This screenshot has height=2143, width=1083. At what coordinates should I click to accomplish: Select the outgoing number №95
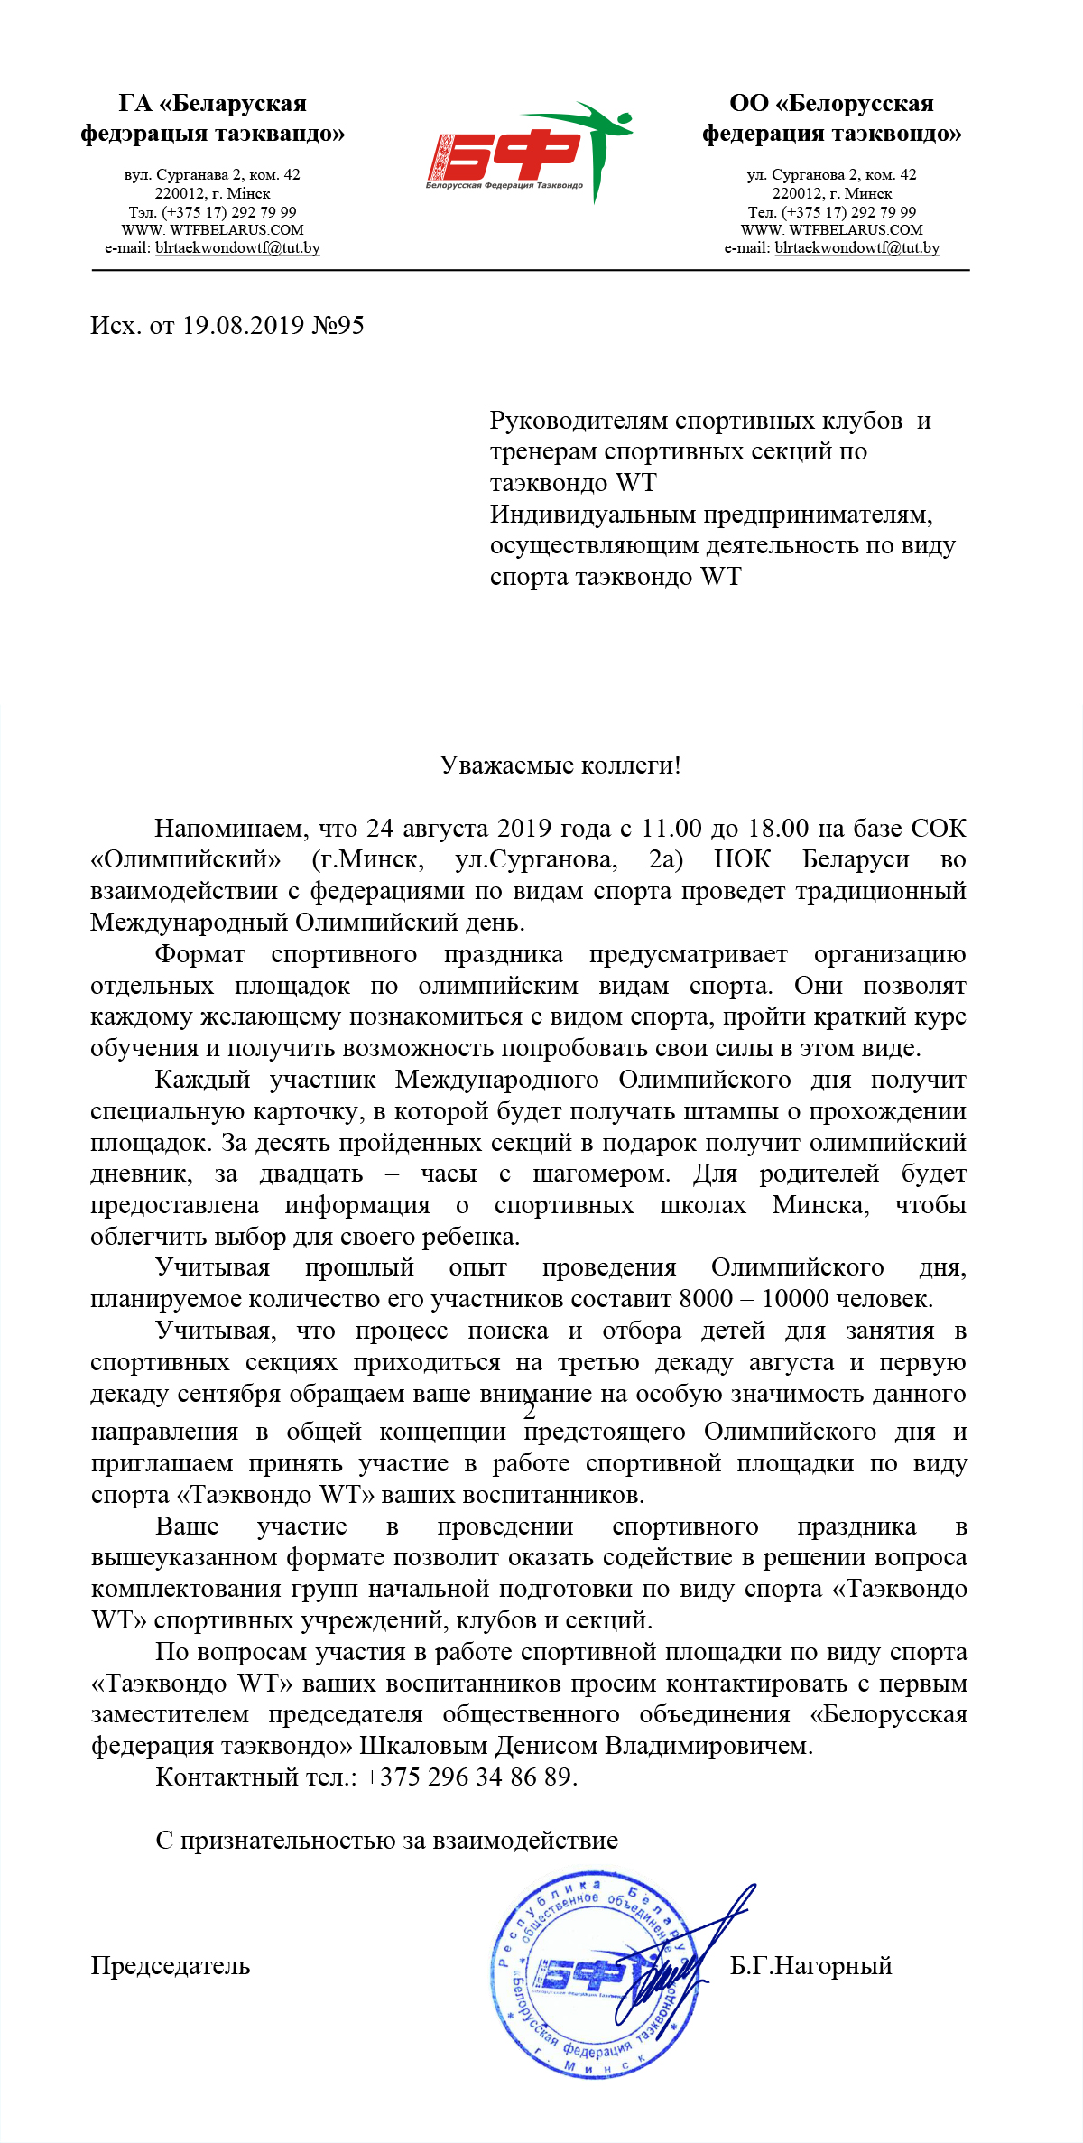pos(338,325)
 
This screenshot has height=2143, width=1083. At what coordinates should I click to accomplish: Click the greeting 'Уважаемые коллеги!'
pos(560,765)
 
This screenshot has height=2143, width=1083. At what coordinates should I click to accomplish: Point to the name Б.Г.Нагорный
pos(810,1965)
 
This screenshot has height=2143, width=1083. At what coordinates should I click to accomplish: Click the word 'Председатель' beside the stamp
pos(171,1965)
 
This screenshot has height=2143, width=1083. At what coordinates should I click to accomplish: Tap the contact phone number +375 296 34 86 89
pos(469,1777)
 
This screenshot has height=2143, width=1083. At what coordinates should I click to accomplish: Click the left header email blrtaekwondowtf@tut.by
pos(237,247)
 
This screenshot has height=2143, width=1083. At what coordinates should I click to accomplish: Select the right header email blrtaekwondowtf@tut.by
pos(856,247)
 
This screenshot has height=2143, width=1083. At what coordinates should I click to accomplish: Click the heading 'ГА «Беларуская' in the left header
pos(213,104)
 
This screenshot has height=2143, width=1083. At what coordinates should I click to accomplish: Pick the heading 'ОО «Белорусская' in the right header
pos(831,104)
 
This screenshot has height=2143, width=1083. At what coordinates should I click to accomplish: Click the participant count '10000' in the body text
pos(795,1298)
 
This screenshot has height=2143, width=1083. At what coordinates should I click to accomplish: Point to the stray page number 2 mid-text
pos(530,1410)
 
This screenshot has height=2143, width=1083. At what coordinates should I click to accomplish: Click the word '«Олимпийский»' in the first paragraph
pos(186,858)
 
